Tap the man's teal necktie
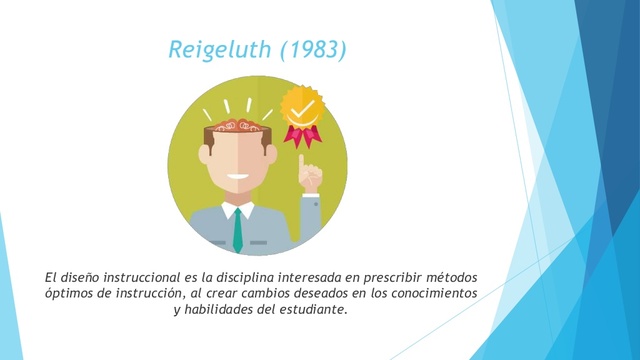coord(237,231)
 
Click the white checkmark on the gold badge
coord(302,105)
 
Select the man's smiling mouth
coord(238,181)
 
